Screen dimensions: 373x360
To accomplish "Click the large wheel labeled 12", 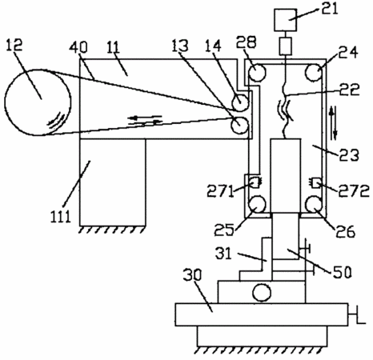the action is click(x=38, y=102).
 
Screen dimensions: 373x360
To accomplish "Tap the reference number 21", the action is click(x=330, y=10).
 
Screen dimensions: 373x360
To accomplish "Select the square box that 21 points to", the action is click(x=286, y=20).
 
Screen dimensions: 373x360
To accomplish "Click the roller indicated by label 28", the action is click(x=257, y=72).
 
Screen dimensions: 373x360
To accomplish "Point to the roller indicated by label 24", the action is click(x=314, y=72).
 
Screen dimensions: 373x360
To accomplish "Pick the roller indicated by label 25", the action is click(x=257, y=205).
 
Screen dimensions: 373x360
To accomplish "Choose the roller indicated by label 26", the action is click(x=314, y=205).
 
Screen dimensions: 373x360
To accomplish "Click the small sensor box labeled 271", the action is click(x=255, y=182).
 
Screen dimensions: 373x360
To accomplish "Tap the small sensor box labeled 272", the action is click(x=315, y=183).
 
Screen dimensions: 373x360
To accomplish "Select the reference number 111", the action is click(x=61, y=216).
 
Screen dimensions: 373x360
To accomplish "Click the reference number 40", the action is click(x=78, y=47).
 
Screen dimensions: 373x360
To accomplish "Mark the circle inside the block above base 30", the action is click(x=262, y=292).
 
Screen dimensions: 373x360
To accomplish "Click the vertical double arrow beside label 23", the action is click(x=333, y=122).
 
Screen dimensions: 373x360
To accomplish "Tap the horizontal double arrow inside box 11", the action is click(x=145, y=120).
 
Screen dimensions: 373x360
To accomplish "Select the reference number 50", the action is click(x=342, y=272).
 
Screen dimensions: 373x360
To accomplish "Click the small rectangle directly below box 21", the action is click(x=286, y=46).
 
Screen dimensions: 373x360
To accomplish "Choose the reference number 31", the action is click(x=223, y=254).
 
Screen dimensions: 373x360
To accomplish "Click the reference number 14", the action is click(x=214, y=46).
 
